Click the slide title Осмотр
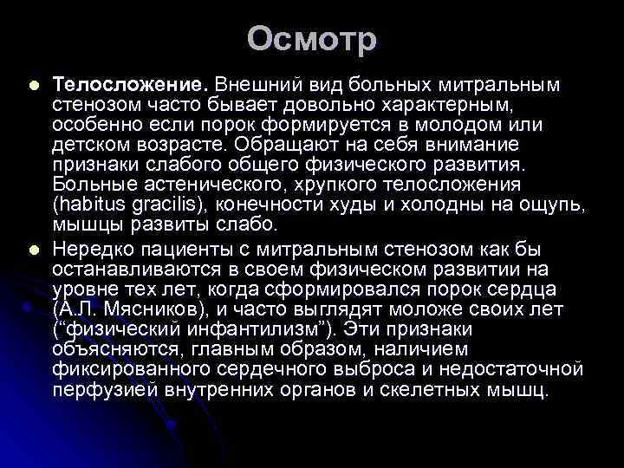(x=312, y=40)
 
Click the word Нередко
(x=94, y=250)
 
